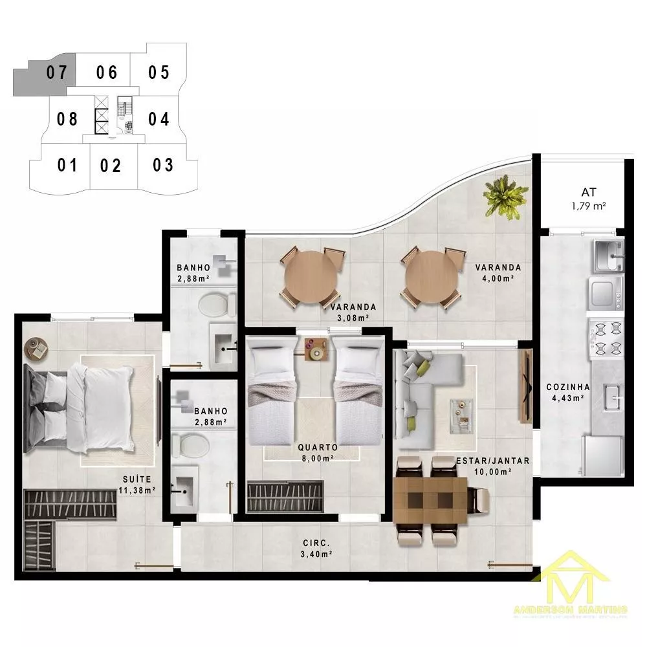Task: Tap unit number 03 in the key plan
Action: (163, 165)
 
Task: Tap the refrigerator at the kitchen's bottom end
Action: (603, 457)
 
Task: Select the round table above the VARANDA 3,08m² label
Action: (311, 278)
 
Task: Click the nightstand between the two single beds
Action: (317, 349)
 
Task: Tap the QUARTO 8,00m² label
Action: (316, 452)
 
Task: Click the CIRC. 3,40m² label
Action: (317, 549)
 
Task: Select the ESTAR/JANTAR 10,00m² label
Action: (492, 466)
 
